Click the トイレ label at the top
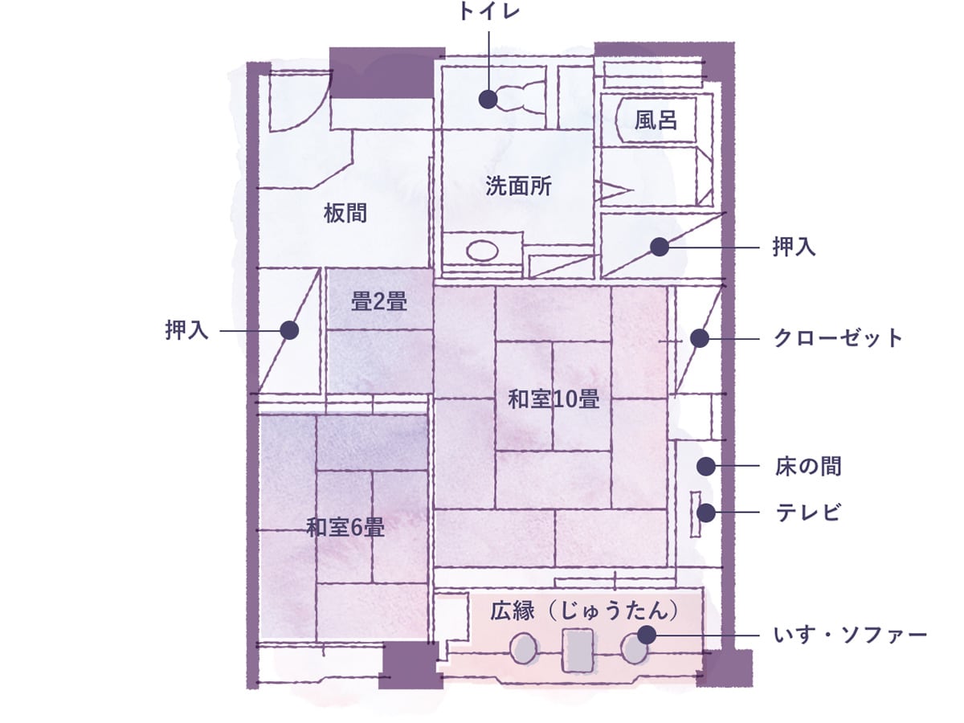click(x=488, y=11)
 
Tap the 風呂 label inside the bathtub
click(x=656, y=120)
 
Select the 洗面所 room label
click(x=518, y=186)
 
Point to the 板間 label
click(x=345, y=214)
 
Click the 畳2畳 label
click(x=379, y=301)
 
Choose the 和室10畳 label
click(x=553, y=399)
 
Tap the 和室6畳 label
click(x=345, y=527)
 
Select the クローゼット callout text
click(x=838, y=338)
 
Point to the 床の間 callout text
click(x=808, y=466)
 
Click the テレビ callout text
click(x=808, y=512)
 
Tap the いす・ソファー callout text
click(x=850, y=635)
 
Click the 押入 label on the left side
click(x=186, y=330)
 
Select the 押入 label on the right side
click(x=794, y=247)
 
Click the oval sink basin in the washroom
click(x=482, y=251)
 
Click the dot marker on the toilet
click(x=488, y=99)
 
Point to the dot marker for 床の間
click(x=706, y=466)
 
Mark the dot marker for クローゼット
click(x=700, y=338)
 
